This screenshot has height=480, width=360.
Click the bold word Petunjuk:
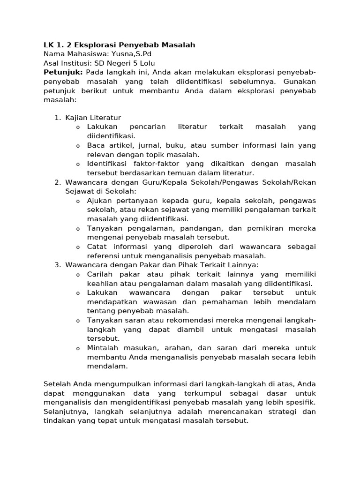(x=63, y=72)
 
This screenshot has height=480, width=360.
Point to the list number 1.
(x=57, y=118)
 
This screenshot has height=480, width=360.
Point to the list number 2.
(x=57, y=182)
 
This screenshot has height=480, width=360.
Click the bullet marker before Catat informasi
(x=78, y=247)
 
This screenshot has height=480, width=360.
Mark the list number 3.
(x=57, y=265)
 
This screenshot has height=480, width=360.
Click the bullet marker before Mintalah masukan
(x=78, y=348)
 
